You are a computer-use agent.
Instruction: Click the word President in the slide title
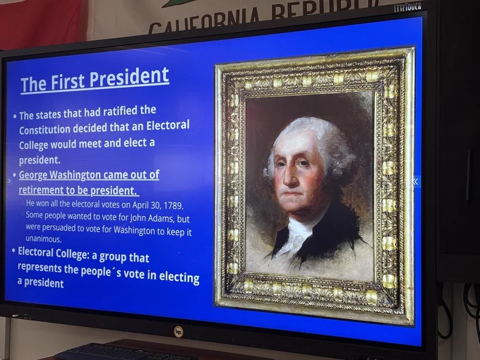129,78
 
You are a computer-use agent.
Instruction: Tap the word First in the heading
67,82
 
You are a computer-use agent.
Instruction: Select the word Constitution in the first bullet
44,129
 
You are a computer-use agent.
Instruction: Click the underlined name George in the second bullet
33,175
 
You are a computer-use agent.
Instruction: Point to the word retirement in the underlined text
40,190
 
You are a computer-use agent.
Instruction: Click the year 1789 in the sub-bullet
173,205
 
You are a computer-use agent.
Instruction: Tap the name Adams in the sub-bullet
162,218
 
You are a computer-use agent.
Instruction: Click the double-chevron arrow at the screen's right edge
415,182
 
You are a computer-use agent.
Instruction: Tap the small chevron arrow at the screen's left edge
9,181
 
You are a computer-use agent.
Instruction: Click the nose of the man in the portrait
289,178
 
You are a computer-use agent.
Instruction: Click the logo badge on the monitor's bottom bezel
178,332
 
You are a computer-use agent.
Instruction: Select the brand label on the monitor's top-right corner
407,7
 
